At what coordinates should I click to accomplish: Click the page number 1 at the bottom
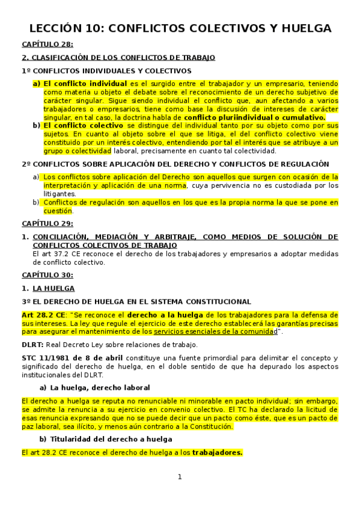[179, 477]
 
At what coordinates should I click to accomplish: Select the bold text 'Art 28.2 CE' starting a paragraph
[43, 315]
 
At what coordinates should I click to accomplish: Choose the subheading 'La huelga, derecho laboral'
[100, 387]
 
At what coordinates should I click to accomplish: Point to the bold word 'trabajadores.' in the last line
[217, 453]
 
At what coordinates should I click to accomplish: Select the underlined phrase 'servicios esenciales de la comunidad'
[215, 332]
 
